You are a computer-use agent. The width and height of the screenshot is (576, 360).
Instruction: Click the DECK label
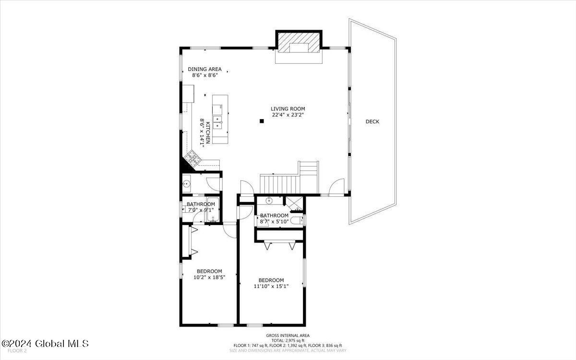[372, 121]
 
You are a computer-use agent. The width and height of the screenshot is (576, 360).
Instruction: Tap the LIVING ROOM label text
[288, 109]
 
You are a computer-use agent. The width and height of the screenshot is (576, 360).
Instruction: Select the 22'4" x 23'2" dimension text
[288, 115]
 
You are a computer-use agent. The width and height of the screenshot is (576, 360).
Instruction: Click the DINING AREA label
[204, 69]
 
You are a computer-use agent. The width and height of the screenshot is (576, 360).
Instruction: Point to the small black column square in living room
[262, 121]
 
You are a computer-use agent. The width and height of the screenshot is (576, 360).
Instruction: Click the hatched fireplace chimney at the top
[299, 43]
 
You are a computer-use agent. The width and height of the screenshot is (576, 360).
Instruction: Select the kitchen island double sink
[218, 122]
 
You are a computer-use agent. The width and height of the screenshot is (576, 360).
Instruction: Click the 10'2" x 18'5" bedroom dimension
[209, 277]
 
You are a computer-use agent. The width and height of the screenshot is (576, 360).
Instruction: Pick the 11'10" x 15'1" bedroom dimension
[271, 286]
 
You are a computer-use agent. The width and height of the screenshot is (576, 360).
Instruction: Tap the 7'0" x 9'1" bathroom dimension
[201, 210]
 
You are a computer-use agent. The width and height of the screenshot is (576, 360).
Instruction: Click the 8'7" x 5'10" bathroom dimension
[274, 221]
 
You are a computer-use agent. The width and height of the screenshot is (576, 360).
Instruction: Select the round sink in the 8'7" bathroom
[269, 200]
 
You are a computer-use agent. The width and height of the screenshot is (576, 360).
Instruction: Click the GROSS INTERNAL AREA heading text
[288, 336]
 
